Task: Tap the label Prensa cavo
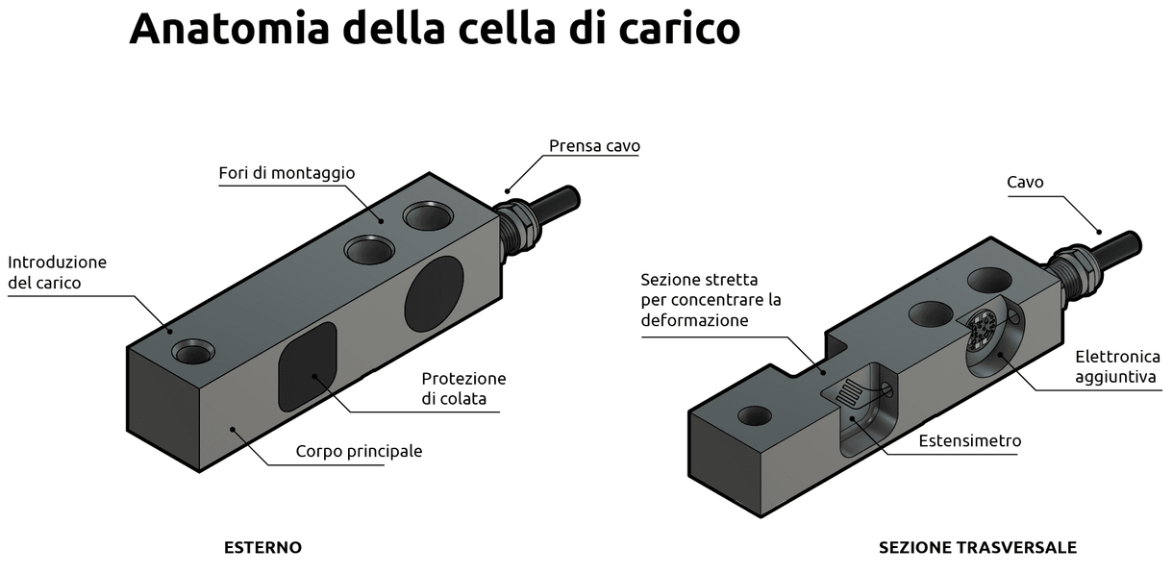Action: click(594, 146)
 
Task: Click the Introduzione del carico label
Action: click(57, 272)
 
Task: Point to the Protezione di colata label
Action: click(463, 388)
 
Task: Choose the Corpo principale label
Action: click(359, 451)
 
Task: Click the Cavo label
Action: click(1025, 182)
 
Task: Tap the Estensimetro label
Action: click(969, 441)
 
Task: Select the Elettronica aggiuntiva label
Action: click(1117, 367)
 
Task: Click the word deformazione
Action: click(694, 320)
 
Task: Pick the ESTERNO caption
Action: click(262, 548)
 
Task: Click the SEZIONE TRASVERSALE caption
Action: click(977, 548)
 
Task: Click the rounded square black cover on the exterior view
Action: click(308, 365)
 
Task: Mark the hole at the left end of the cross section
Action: click(753, 415)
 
